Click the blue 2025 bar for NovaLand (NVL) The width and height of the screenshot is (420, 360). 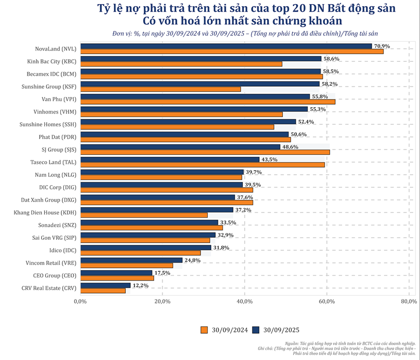point(226,46)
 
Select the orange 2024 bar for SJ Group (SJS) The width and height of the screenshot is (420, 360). point(205,152)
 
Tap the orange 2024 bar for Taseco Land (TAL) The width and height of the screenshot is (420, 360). point(202,165)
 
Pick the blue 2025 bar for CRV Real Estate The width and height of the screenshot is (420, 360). point(105,285)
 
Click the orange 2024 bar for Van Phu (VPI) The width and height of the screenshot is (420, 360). point(207,102)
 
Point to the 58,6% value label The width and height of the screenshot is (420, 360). point(332,59)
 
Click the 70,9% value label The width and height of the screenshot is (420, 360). point(382,46)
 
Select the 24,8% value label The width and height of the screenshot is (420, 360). point(193,260)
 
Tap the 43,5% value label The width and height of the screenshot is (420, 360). point(270,160)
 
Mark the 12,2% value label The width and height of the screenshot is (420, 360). point(141,285)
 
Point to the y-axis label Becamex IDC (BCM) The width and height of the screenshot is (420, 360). point(51,74)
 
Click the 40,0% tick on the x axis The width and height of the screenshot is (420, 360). point(245,301)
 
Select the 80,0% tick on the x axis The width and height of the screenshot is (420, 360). point(409,301)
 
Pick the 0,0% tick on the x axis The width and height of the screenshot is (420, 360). point(79,301)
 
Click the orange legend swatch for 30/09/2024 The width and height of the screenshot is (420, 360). point(204,330)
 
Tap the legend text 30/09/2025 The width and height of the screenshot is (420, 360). point(281,330)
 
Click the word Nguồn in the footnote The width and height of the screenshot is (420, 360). point(292,343)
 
